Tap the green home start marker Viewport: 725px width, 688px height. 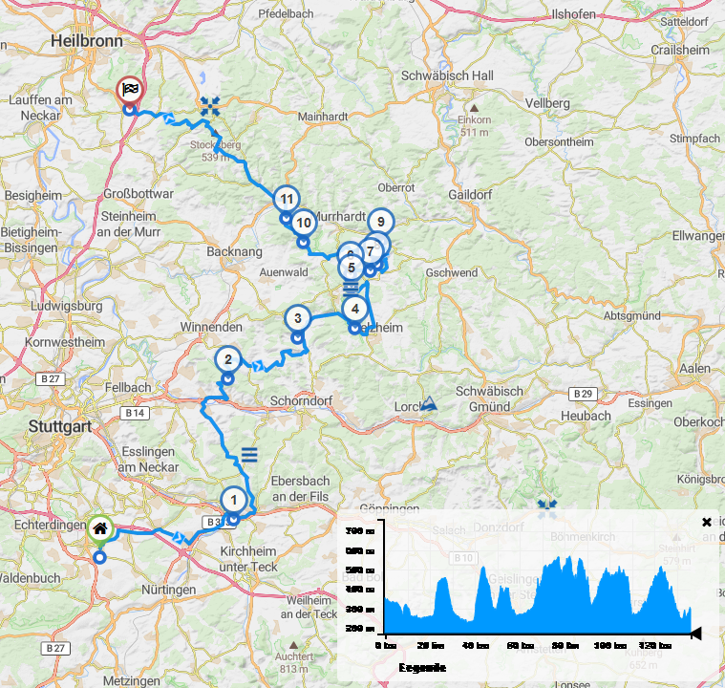click(99, 528)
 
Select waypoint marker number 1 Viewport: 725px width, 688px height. click(232, 499)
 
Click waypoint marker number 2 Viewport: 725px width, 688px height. click(228, 360)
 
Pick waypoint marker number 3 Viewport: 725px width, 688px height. click(298, 318)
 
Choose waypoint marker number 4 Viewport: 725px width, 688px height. click(355, 309)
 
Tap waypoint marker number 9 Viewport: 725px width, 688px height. click(380, 222)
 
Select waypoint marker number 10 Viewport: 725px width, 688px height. click(303, 223)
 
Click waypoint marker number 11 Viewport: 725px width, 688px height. click(286, 199)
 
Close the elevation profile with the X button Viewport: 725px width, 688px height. click(707, 522)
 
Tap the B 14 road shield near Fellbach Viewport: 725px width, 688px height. click(135, 414)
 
